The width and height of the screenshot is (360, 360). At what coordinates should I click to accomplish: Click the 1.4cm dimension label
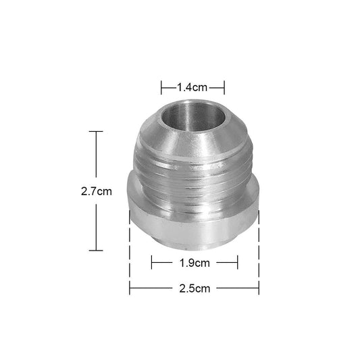point(192,87)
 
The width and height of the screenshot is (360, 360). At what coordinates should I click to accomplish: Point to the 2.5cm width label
point(194,288)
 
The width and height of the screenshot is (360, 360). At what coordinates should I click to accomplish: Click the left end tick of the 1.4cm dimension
point(161,87)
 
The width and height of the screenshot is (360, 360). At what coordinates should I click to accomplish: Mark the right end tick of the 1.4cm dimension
point(224,87)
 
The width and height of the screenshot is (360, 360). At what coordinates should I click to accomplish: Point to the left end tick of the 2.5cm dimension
point(129,288)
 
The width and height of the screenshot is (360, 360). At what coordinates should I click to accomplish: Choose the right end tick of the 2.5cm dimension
point(259,288)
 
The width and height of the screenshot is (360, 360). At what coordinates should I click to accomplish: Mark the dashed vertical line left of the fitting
point(129,250)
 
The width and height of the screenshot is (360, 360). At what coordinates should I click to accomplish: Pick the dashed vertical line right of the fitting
point(259,250)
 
